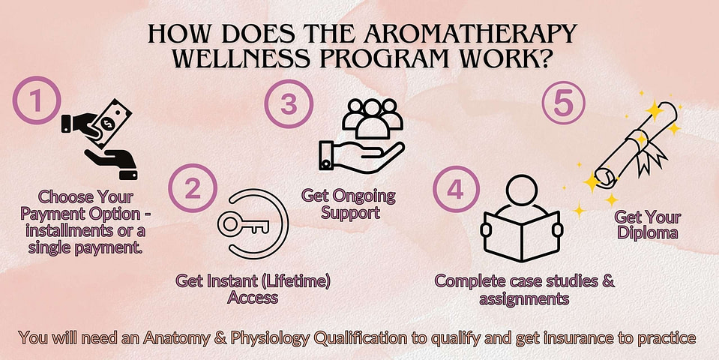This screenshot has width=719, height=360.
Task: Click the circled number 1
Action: [37, 100]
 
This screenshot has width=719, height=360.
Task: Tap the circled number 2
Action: [193, 188]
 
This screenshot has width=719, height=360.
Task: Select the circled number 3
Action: [289, 103]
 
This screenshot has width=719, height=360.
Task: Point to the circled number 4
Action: [455, 190]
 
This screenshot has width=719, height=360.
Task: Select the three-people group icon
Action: [373, 118]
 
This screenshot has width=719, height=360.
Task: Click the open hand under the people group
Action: [361, 157]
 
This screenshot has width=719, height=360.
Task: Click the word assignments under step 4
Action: [524, 299]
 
